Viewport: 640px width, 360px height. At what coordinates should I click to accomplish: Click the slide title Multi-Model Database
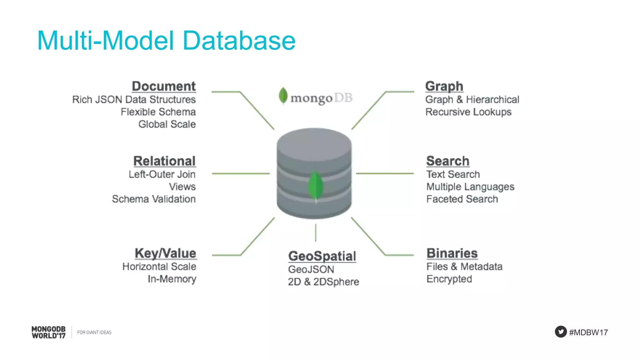click(x=166, y=41)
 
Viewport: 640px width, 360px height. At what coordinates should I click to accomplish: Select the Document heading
click(x=164, y=86)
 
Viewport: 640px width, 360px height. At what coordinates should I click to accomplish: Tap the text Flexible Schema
click(x=158, y=112)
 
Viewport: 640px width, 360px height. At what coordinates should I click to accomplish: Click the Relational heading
click(x=164, y=161)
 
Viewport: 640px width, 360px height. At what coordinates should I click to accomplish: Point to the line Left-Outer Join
click(x=162, y=174)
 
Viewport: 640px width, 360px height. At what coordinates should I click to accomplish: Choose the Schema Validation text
click(x=154, y=199)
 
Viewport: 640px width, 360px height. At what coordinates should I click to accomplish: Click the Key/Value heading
click(x=165, y=253)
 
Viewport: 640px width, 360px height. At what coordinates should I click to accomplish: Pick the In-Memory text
click(x=172, y=279)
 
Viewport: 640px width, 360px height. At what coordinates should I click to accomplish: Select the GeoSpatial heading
click(x=322, y=256)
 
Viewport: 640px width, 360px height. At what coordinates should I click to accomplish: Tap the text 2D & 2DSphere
click(x=323, y=282)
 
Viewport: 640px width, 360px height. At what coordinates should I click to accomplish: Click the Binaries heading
click(x=452, y=253)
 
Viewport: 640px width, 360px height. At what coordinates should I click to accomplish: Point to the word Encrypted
click(x=449, y=279)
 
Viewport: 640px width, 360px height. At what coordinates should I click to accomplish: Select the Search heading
click(x=447, y=161)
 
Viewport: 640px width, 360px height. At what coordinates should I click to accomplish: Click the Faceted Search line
click(x=462, y=199)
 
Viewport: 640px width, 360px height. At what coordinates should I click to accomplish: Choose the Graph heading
click(x=444, y=86)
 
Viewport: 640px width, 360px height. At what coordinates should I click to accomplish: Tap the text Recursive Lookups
click(x=468, y=112)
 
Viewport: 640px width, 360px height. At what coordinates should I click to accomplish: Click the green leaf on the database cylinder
click(x=315, y=186)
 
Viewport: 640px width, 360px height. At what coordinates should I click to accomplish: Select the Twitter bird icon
click(x=561, y=332)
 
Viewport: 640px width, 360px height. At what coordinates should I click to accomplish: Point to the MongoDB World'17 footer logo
click(x=48, y=332)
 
